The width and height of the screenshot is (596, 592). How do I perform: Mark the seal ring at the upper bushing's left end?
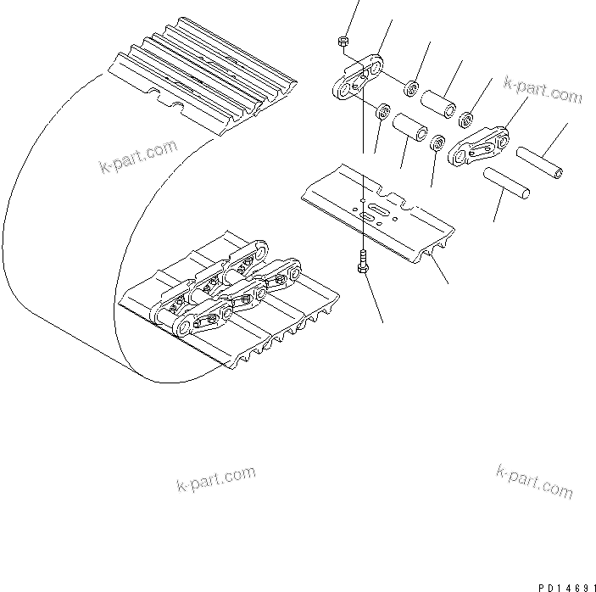click(x=411, y=87)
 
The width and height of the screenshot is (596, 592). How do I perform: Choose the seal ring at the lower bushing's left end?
click(x=382, y=111)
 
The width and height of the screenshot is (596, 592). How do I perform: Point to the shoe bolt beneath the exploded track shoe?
click(x=364, y=264)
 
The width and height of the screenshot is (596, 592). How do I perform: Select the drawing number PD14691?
click(x=564, y=585)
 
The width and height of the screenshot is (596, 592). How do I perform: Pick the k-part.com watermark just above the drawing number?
click(x=534, y=482)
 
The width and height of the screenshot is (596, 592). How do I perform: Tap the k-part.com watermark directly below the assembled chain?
click(x=215, y=479)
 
